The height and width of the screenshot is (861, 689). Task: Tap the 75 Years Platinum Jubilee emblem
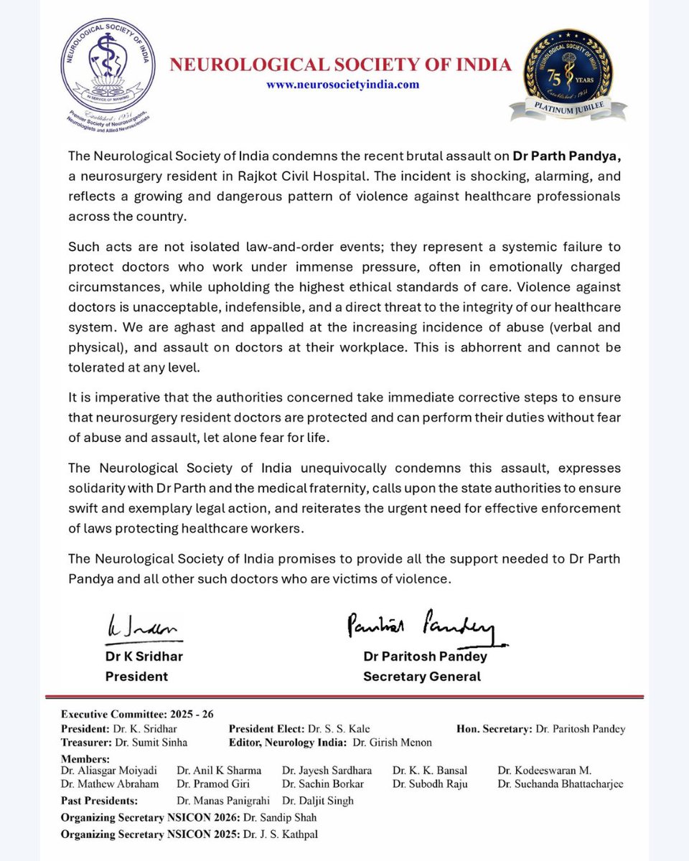567,75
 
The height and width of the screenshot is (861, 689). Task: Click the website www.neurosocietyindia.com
342,85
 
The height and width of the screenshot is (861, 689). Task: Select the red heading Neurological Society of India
340,65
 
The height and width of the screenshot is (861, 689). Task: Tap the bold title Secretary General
422,676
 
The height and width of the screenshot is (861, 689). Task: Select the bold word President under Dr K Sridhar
136,676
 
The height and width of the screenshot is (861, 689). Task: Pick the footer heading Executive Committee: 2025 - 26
137,714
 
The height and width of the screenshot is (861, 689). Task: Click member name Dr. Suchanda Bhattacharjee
560,784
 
